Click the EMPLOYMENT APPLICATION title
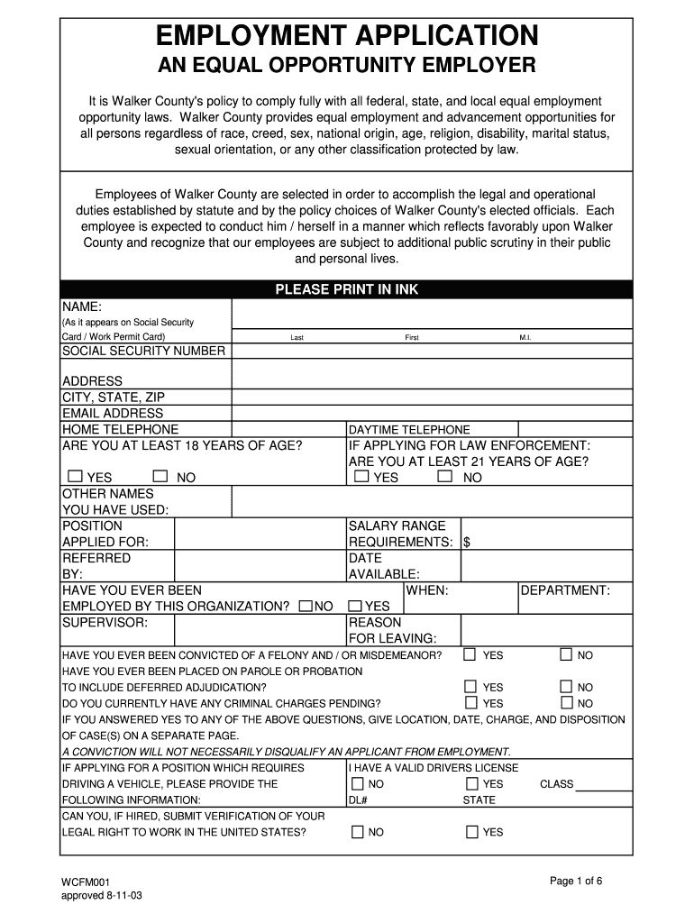pyautogui.click(x=347, y=35)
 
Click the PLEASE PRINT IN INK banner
pyautogui.click(x=346, y=289)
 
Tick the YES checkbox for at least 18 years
pyautogui.click(x=75, y=476)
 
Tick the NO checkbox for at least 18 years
pyautogui.click(x=160, y=476)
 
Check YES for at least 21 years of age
pyautogui.click(x=361, y=476)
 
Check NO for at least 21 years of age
pyautogui.click(x=444, y=476)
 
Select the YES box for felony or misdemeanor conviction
pyautogui.click(x=470, y=653)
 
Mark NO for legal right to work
pyautogui.click(x=358, y=831)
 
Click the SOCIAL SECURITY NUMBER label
pyautogui.click(x=143, y=351)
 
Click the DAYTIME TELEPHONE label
pyautogui.click(x=409, y=430)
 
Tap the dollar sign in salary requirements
pyautogui.click(x=466, y=542)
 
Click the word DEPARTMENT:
pyautogui.click(x=565, y=590)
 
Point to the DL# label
pyautogui.click(x=358, y=800)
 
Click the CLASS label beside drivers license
pyautogui.click(x=556, y=784)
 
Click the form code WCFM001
pyautogui.click(x=86, y=881)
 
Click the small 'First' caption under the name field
pyautogui.click(x=412, y=337)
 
